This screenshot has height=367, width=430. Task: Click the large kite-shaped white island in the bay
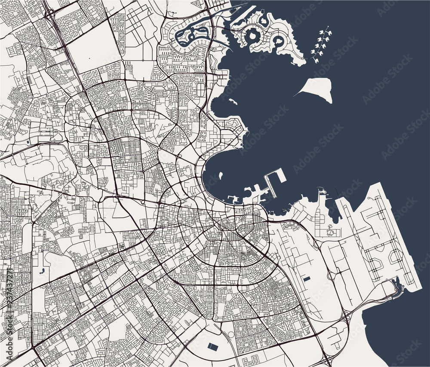tap(319, 89)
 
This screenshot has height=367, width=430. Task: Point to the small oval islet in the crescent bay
tap(220, 175)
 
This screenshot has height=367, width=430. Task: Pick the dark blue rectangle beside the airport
tap(306, 279)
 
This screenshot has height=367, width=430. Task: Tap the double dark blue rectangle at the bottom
tap(212, 346)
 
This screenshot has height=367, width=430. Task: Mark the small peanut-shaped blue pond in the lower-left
tap(42, 271)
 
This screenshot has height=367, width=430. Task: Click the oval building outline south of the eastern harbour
tap(331, 232)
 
